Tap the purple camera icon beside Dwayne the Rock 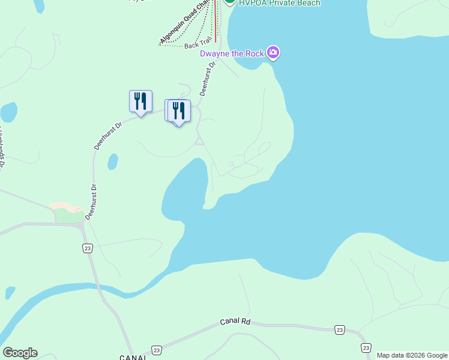point(274,53)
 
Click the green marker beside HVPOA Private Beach point(229,2)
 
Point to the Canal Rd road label point(235,322)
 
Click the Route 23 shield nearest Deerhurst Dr point(88,248)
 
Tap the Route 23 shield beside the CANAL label point(157,350)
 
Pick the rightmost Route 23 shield point(366,347)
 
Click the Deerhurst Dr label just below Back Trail point(206,81)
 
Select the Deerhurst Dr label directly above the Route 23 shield point(91,204)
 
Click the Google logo point(20,353)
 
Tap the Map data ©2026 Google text point(412,355)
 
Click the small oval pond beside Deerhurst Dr point(112,162)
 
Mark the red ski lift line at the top point(215,21)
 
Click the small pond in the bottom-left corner point(10,293)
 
